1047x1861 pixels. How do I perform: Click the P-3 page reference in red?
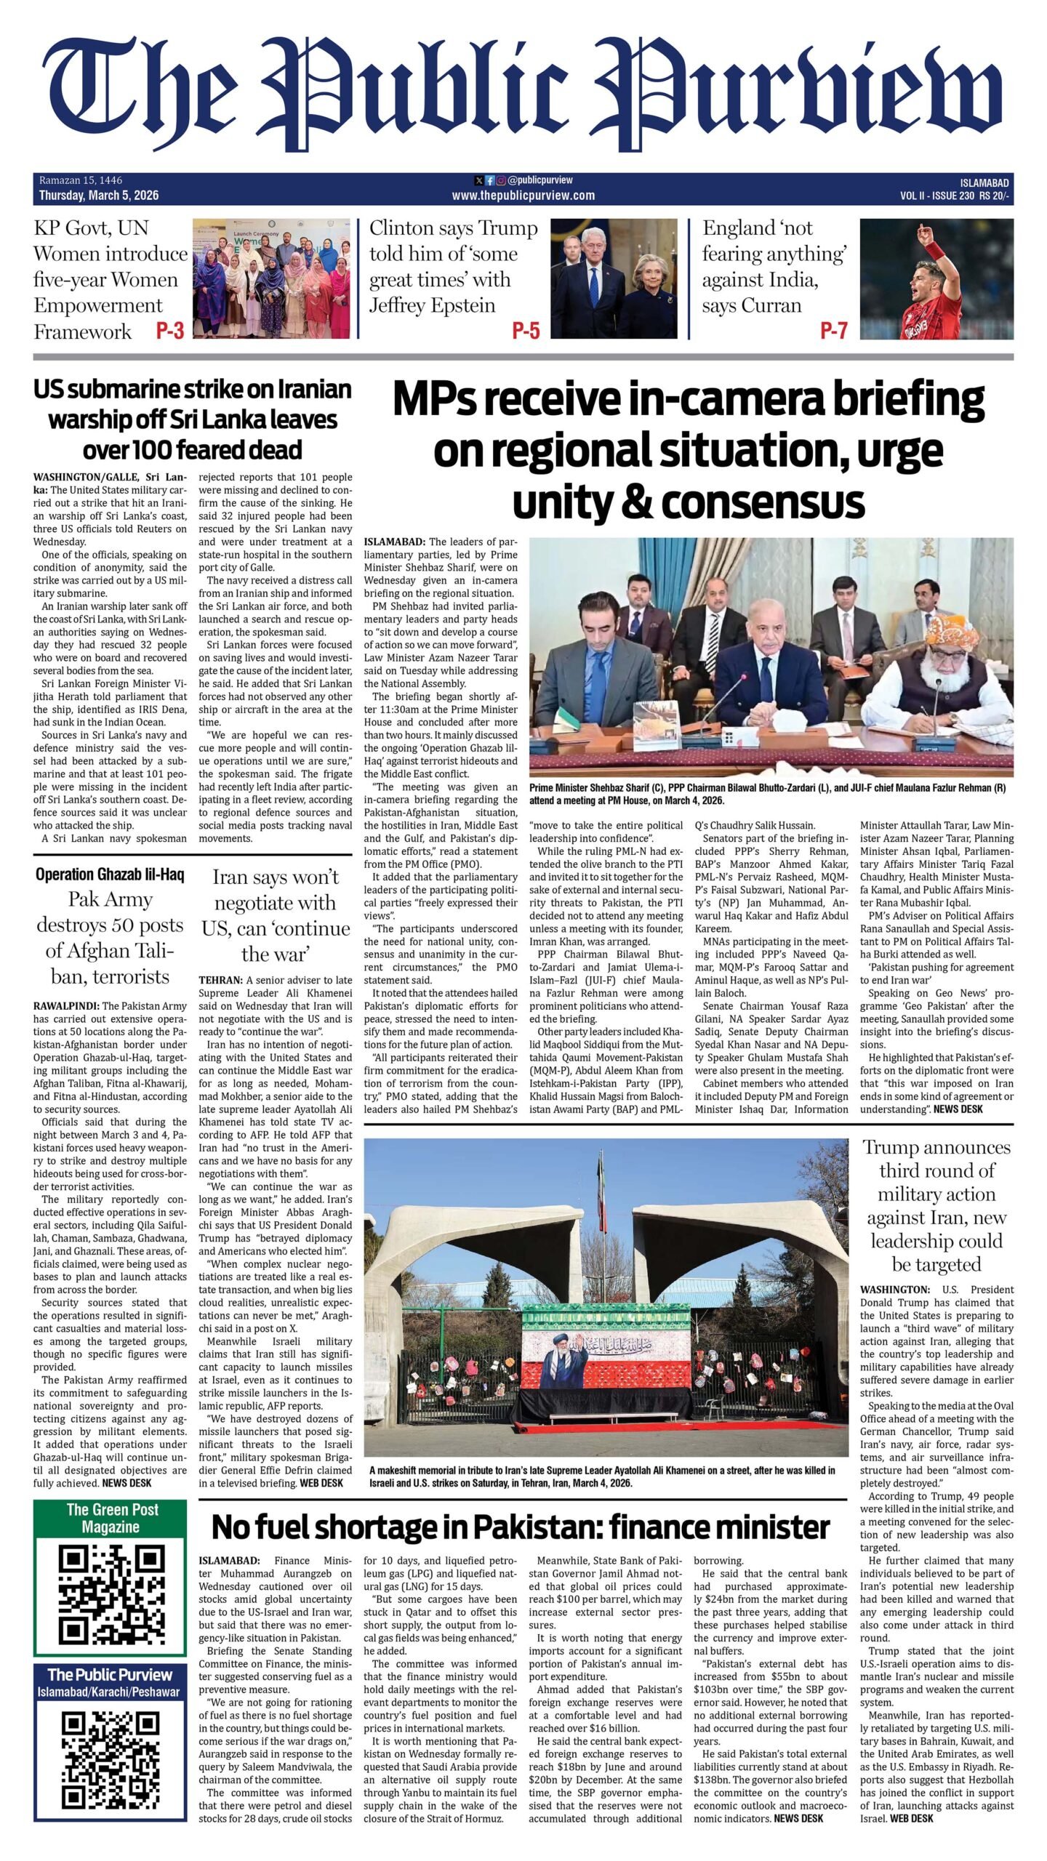[x=169, y=331]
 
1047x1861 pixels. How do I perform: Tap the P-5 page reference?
[x=526, y=331]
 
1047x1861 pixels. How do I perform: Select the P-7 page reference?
[x=833, y=331]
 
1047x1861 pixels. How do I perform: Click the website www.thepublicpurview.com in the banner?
[x=523, y=196]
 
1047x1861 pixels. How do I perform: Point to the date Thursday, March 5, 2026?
[x=99, y=196]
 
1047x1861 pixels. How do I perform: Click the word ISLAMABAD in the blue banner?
[x=983, y=183]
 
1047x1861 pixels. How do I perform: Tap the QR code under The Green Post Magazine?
[x=111, y=1594]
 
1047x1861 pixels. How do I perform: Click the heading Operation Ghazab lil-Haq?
[x=110, y=875]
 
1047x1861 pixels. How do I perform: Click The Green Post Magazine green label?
[x=111, y=1519]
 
